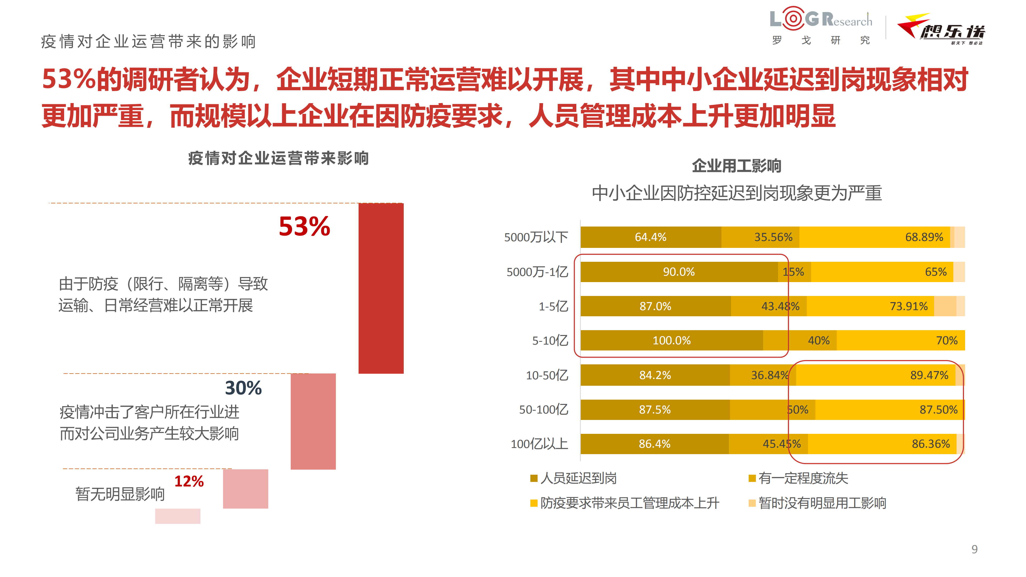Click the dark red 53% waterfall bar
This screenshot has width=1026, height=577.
pos(381,288)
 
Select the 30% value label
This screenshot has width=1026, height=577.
pos(243,388)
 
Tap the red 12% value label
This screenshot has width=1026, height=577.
pos(189,481)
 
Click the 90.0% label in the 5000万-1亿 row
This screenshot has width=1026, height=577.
pos(679,272)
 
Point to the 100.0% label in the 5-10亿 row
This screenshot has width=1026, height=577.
pos(671,341)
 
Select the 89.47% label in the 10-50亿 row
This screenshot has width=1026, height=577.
pos(929,375)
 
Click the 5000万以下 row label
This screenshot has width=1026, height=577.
pos(536,237)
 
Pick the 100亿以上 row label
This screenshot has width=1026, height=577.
pos(539,444)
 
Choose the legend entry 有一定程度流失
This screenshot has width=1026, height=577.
pos(803,478)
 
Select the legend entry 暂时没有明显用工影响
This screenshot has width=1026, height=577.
pos(822,503)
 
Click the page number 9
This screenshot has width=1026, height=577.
pos(974,549)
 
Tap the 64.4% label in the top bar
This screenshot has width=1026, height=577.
pos(650,237)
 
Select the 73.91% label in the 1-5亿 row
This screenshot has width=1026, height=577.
pos(908,306)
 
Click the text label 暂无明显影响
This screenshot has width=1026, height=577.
pos(120,494)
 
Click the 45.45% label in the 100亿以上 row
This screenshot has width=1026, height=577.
pos(782,444)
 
